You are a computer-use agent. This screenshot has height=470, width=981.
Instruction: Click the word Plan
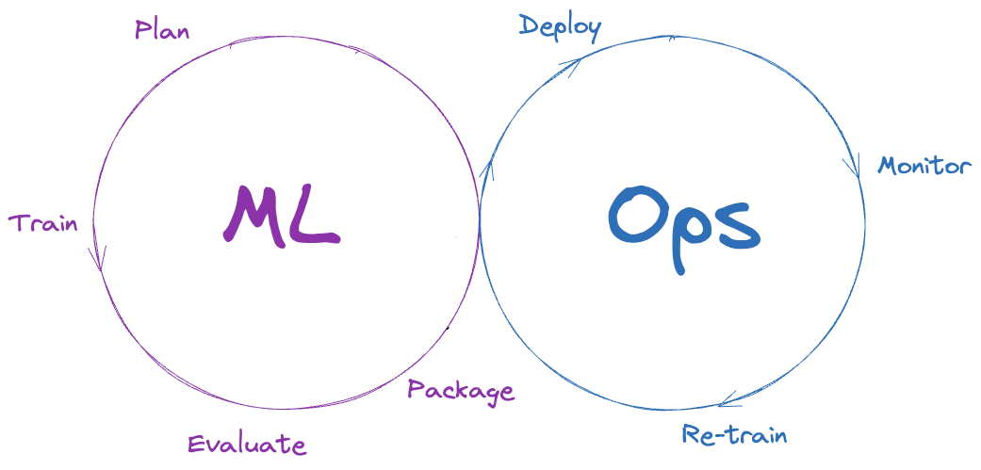tap(162, 30)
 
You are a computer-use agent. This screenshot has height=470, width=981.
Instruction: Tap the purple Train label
tap(43, 223)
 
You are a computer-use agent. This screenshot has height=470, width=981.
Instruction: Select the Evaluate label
tap(246, 445)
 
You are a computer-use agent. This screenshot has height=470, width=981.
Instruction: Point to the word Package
tap(461, 390)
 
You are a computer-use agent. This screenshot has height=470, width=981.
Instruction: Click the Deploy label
tap(560, 26)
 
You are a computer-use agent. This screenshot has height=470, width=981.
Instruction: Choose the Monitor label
tap(924, 167)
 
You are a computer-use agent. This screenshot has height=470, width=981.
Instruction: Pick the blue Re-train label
tap(734, 435)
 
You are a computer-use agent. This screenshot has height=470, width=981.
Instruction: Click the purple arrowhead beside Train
tap(97, 260)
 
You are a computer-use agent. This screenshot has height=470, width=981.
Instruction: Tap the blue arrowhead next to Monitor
tap(853, 167)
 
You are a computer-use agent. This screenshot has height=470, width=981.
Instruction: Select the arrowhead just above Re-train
tap(726, 403)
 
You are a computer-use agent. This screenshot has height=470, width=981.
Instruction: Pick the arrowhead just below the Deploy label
tap(571, 64)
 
